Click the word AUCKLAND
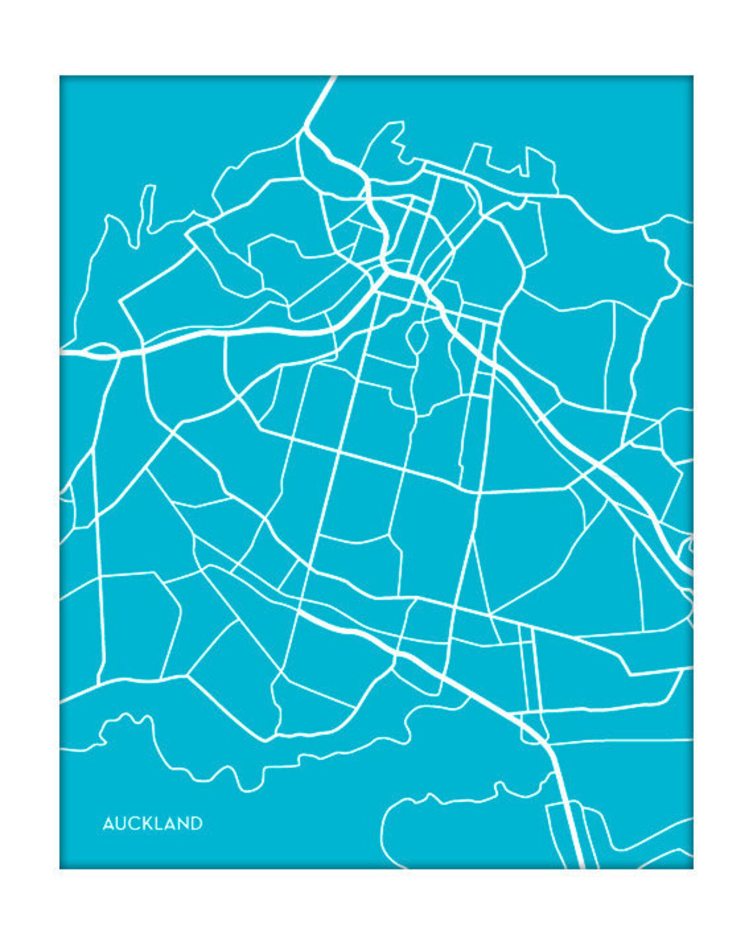[x=152, y=823]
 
